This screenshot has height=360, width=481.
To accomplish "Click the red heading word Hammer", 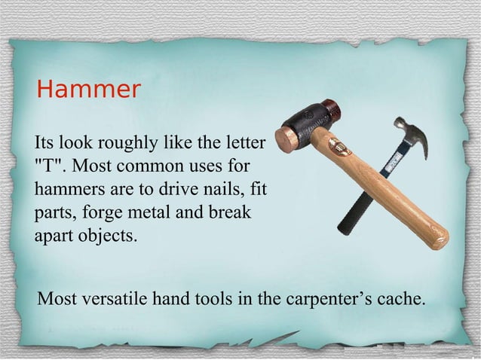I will coord(88,90).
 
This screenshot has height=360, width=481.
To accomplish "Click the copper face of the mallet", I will coord(286,140).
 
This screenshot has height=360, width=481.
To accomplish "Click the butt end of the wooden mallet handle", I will coord(438,239).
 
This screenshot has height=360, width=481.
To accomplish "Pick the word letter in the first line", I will coord(245,142).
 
